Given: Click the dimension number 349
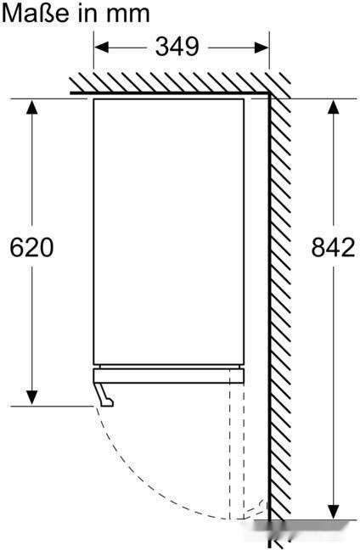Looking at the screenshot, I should pos(177,47).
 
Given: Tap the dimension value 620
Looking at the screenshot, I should pos(31,247).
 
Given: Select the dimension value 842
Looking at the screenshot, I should pos(333,247).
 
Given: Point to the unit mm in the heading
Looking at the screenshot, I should pos(131,14).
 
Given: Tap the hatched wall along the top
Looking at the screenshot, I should pos(170,82).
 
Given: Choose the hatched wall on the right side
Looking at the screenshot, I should pos(281,297).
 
